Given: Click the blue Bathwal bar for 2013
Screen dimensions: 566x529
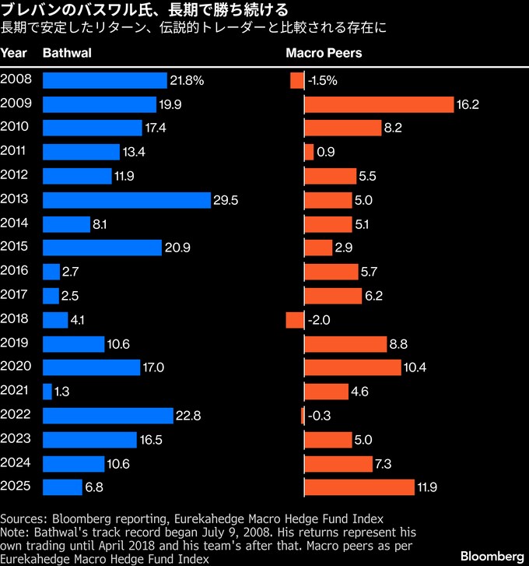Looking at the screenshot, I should click(127, 200).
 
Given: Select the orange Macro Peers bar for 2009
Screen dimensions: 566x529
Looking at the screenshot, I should click(378, 104).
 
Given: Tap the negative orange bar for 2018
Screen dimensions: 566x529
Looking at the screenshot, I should click(294, 320).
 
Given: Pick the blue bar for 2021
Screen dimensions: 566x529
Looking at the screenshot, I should click(47, 392).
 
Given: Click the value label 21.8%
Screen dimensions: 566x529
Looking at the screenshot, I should click(187, 80).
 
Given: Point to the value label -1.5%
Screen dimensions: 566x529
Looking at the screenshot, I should click(323, 80).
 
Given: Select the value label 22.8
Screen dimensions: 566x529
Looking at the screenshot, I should click(189, 416).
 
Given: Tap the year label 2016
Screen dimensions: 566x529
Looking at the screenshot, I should click(16, 272).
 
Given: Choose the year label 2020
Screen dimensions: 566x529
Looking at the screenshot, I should click(16, 367).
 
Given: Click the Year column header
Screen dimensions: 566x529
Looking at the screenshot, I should click(14, 54).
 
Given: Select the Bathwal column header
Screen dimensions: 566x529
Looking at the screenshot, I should click(67, 54).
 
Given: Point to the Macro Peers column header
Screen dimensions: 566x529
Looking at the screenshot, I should click(324, 54).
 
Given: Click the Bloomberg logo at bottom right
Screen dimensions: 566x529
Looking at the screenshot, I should click(492, 556).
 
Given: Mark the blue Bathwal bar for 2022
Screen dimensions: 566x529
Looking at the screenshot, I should click(108, 416).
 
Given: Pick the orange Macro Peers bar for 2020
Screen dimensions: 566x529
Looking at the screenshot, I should click(352, 367).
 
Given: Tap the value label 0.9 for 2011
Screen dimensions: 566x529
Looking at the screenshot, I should click(326, 153).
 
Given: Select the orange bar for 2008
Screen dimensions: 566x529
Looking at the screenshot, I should click(296, 80).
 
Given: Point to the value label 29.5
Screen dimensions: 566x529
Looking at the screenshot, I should click(226, 200).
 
